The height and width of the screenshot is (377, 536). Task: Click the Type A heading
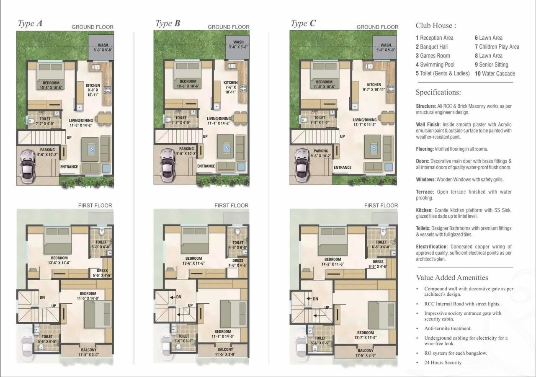point(30,23)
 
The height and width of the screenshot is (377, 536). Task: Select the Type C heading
point(303,23)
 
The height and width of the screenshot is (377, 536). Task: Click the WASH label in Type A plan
point(103,46)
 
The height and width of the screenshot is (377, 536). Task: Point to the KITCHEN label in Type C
point(374,85)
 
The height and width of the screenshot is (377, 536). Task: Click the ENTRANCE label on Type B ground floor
point(206,166)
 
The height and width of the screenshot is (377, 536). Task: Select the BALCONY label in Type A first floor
point(88,350)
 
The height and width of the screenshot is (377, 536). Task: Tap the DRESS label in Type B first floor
point(237,261)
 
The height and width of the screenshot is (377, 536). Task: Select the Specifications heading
point(438,93)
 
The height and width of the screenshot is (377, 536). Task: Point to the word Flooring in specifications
point(425,149)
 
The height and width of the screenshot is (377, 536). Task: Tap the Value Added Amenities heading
point(452,278)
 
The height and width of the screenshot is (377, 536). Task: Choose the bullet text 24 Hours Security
point(443,362)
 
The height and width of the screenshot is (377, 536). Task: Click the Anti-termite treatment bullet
point(448,328)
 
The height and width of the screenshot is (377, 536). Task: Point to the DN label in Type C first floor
point(315,299)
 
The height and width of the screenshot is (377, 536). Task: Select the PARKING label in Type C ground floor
point(321,151)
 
